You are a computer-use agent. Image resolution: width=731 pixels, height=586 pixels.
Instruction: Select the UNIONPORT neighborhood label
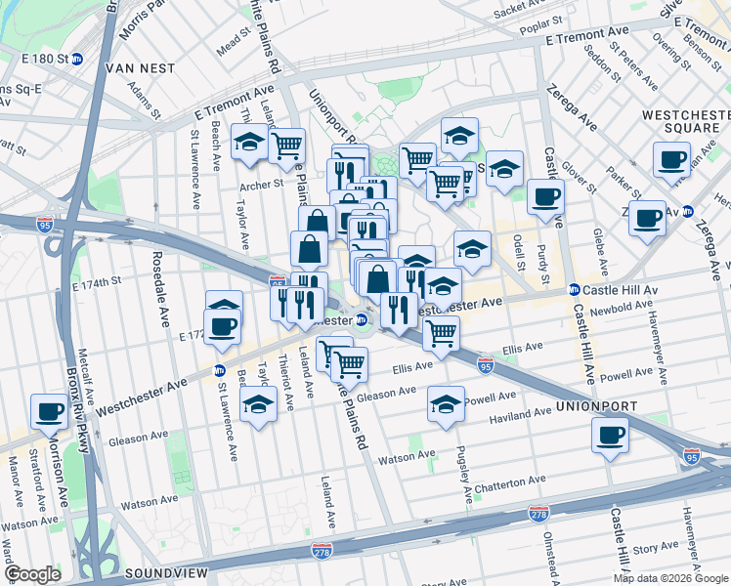[597, 405]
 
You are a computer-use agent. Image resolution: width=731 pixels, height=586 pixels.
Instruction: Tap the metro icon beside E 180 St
[77, 59]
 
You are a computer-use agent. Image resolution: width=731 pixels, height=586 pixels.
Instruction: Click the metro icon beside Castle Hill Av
[575, 290]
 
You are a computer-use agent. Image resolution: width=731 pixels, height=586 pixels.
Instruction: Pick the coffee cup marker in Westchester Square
[671, 160]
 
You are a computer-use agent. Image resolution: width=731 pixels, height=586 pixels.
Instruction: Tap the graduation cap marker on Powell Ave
[446, 405]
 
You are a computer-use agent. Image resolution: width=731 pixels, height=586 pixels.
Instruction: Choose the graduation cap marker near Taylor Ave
[250, 142]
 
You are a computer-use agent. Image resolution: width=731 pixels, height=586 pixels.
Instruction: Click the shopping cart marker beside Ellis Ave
[441, 335]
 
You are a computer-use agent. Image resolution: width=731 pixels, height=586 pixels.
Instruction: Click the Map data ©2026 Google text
[670, 578]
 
